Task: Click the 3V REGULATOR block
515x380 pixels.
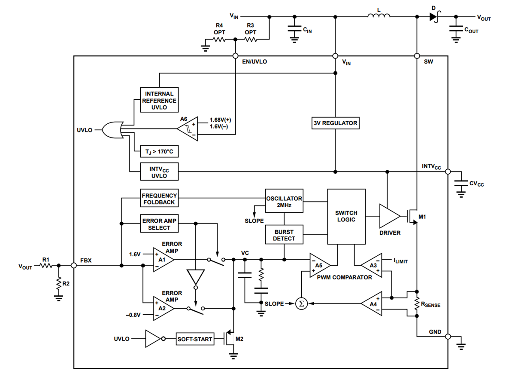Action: coord(335,123)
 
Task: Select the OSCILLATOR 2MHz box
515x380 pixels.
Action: coord(284,201)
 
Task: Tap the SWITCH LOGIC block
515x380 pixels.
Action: coord(346,217)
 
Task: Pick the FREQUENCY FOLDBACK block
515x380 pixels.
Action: coord(159,199)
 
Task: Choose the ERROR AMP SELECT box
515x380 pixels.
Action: coord(159,224)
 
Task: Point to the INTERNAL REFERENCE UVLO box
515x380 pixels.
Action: coord(159,100)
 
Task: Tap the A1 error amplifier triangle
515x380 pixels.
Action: coord(163,260)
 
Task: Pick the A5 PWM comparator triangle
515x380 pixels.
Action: coord(319,265)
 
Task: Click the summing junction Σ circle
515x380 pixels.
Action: coord(301,303)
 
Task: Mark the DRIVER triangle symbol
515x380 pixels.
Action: coord(389,215)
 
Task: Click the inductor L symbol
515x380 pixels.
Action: coord(379,17)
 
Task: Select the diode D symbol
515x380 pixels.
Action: coord(433,17)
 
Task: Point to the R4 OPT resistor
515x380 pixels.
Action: coord(220,40)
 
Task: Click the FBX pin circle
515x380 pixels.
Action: coord(74,266)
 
